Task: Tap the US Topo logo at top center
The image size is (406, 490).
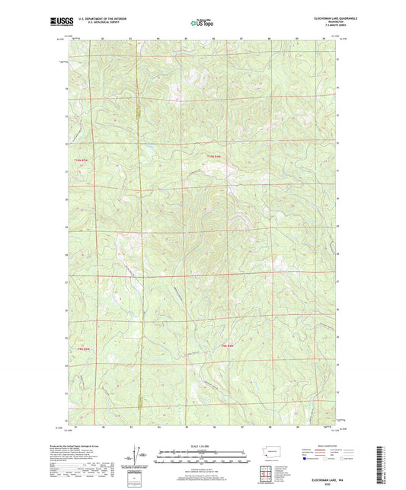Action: click(202, 23)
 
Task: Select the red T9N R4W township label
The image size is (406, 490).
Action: click(226, 348)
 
